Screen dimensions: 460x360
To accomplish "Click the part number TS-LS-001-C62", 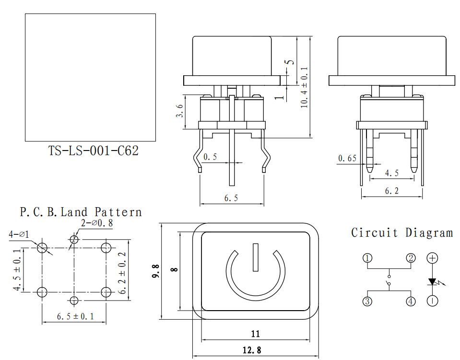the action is pos(93,151).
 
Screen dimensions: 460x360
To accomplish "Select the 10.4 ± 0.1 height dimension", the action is pos(305,87).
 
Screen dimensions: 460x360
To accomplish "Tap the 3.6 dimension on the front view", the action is pos(179,111).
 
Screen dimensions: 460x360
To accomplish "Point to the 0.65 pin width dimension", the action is pos(347,159).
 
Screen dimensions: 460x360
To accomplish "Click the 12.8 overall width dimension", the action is pos(252,350).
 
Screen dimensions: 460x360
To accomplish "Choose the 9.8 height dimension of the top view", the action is pos(155,271).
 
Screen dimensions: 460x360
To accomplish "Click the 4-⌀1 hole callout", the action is pos(19,234).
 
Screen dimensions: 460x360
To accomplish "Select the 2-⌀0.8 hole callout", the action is pos(97,223).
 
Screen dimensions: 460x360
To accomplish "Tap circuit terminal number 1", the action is pos(367,258).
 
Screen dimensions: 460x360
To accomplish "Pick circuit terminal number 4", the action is pos(411,301).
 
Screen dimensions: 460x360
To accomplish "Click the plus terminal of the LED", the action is pos(432,258).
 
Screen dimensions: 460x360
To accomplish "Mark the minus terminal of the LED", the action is pos(432,301).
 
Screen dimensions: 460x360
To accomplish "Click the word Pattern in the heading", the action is pos(118,212).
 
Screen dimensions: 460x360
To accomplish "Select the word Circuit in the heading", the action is pos(374,233).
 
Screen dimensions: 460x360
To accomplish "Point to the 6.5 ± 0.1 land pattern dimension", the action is pos(75,316).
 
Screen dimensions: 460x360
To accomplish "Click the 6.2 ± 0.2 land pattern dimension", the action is pos(122,273).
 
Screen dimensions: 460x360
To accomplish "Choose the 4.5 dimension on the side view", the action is pos(392,173).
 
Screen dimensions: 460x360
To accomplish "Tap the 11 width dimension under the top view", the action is pos(256,334).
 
